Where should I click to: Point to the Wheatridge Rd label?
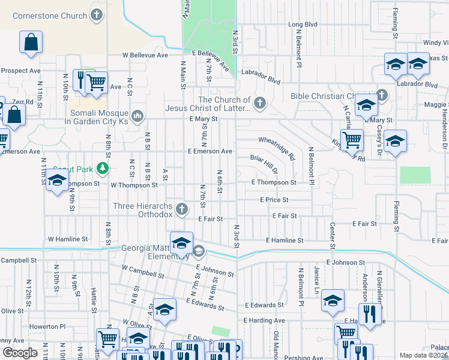277,148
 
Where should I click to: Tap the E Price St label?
274,199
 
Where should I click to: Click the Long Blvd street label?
303,25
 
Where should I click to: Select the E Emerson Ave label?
209,152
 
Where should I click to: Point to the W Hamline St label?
68,239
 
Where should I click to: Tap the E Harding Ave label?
264,321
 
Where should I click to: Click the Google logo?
20,353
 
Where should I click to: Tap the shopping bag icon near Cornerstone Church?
31,43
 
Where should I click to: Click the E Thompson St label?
274,182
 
